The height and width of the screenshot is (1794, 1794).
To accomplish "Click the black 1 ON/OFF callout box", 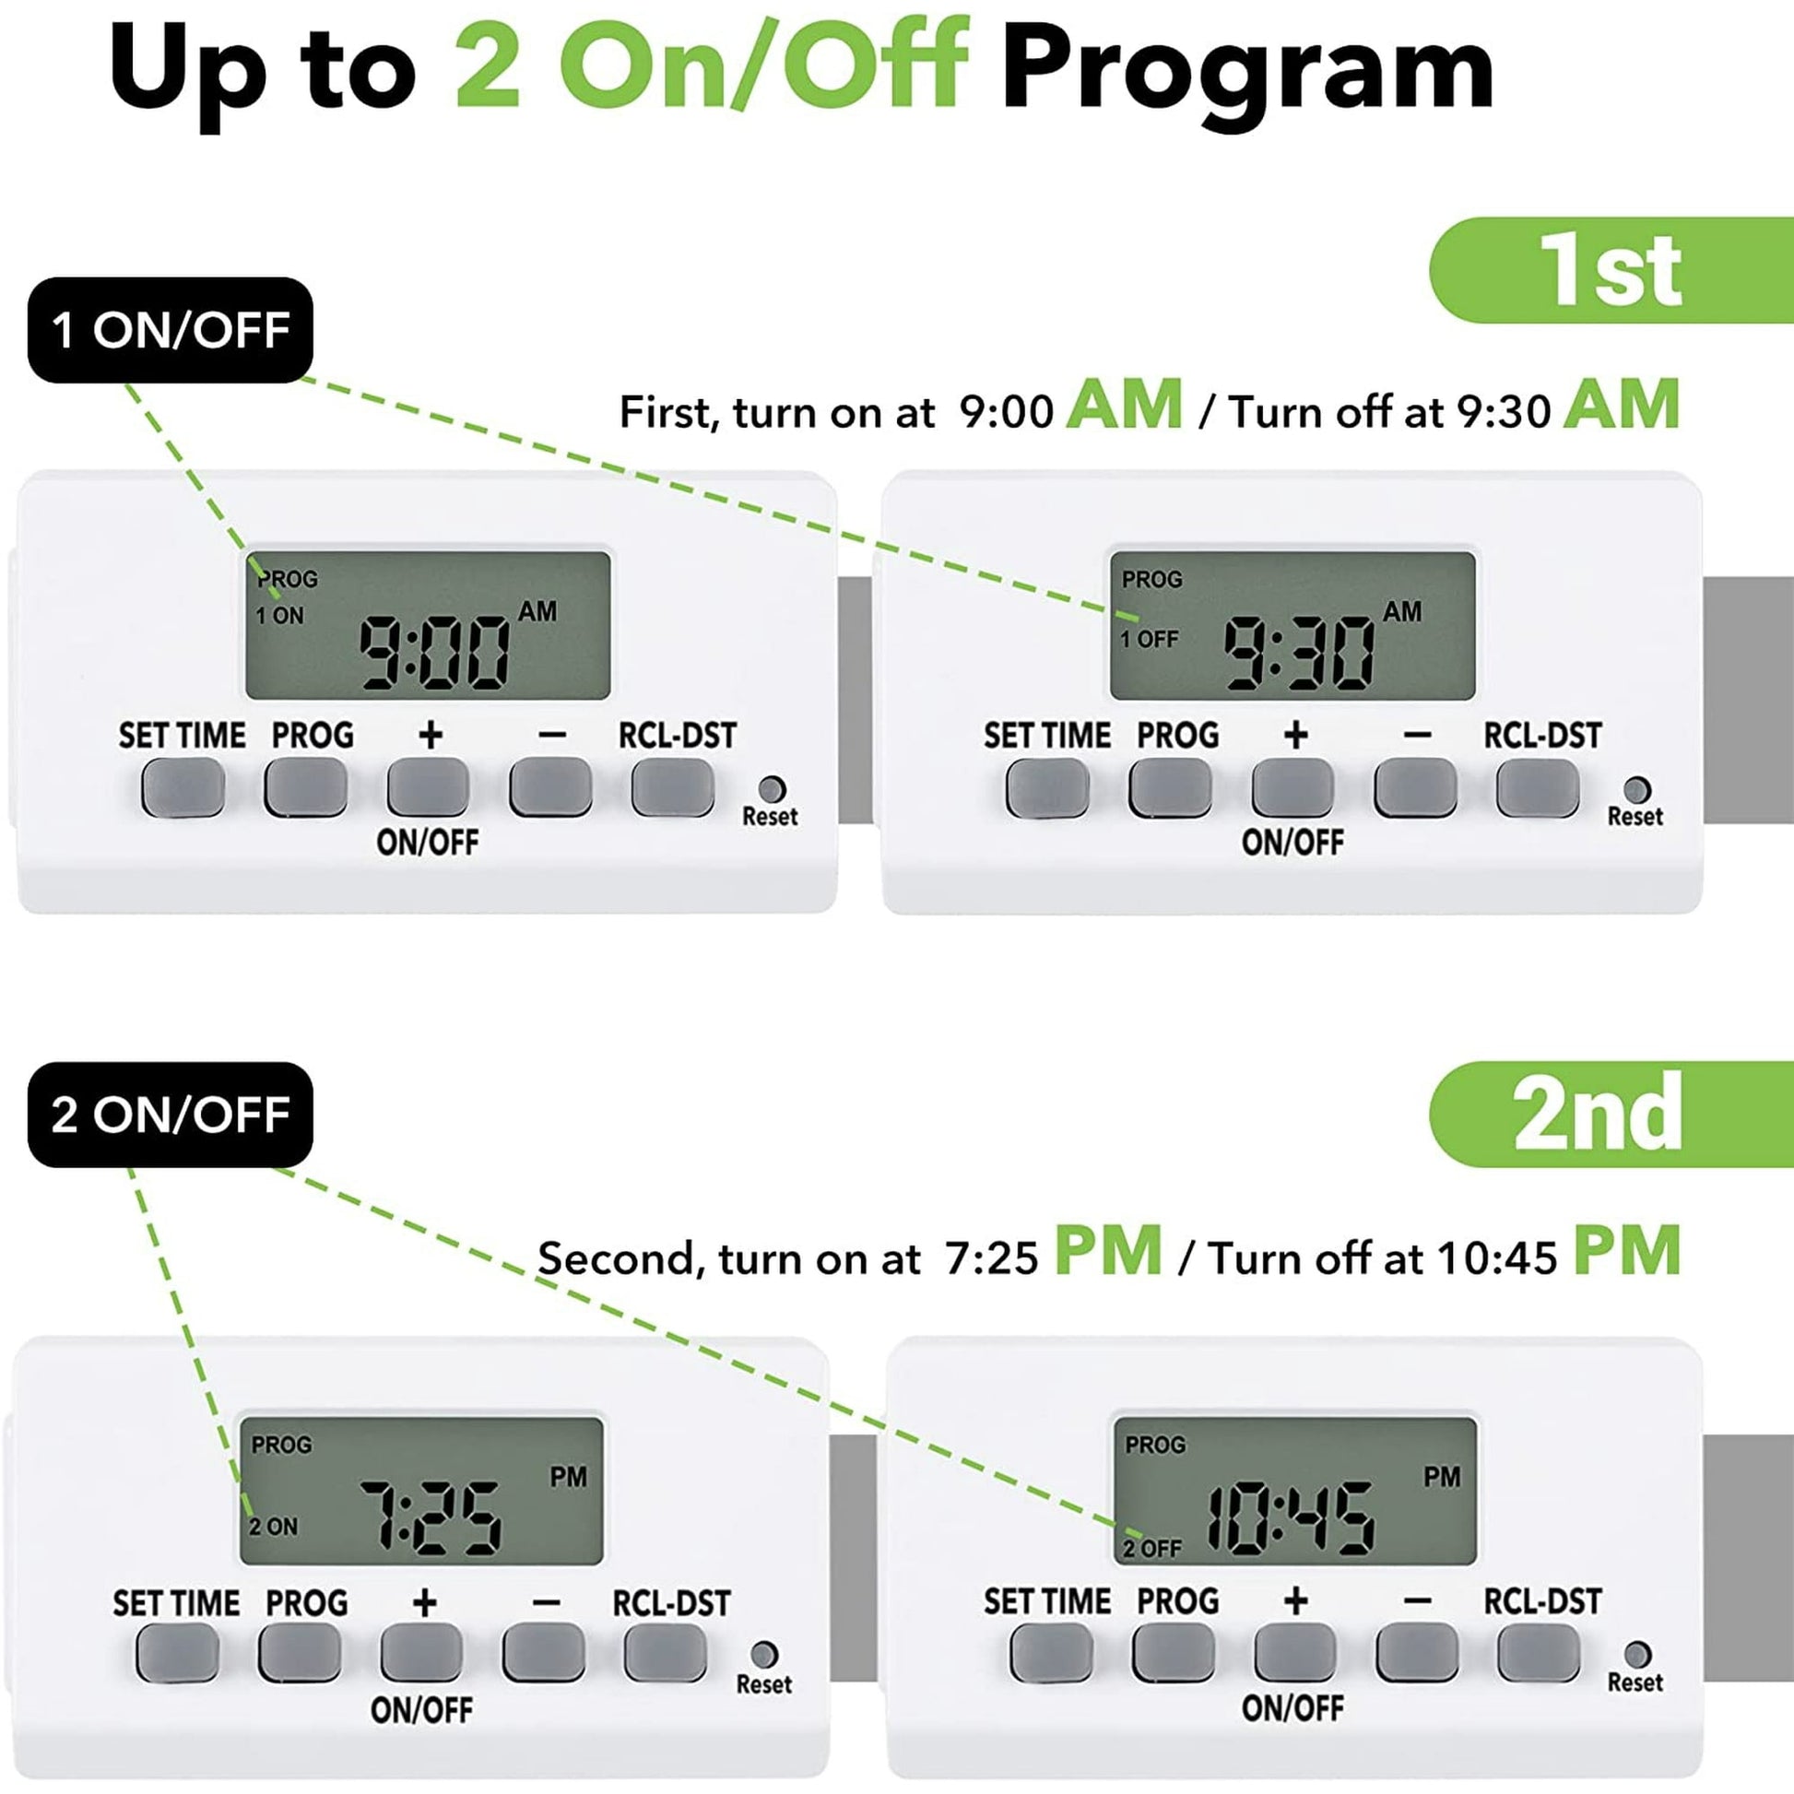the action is point(170,330).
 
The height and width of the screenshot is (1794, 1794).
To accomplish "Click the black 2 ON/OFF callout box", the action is point(170,1115).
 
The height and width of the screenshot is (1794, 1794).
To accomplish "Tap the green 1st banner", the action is point(1612,270).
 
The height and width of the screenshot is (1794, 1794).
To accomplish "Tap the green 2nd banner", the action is point(1612,1115).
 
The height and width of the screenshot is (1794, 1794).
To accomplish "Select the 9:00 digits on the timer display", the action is point(434,654).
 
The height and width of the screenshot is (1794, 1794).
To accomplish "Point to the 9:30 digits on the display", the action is point(1299,654).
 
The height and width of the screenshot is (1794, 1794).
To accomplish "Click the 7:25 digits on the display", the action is point(430,1519).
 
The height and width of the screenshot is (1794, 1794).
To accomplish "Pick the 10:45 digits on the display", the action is point(1290,1519).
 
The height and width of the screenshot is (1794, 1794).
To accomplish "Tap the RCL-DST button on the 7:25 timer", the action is point(665,1654).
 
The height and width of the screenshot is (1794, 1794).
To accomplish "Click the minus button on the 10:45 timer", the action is point(1417,1652).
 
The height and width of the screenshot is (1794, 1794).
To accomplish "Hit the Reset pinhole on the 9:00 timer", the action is point(772,789).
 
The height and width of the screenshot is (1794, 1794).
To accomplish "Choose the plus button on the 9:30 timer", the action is point(1292,787).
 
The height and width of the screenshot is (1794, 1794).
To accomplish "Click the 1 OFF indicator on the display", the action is point(1149,639).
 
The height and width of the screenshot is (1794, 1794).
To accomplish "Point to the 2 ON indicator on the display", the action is point(273,1527).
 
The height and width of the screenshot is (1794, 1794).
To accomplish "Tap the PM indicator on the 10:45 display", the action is point(1442,1478).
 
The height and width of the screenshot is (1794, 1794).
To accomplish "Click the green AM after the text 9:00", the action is point(1125,405).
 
